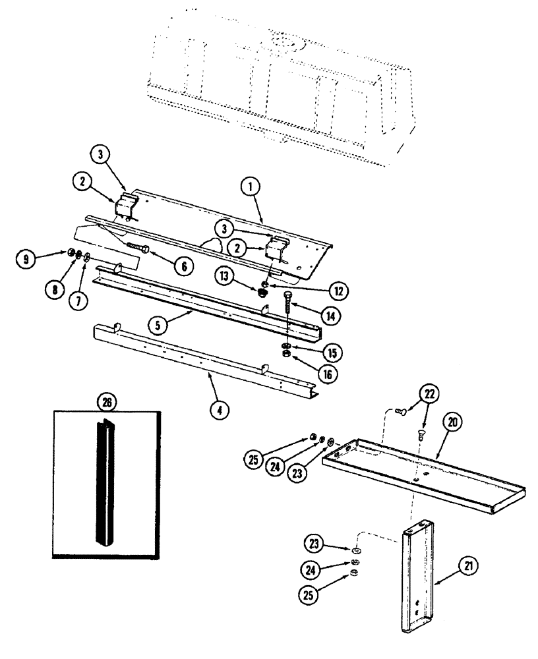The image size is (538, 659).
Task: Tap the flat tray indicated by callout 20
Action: point(422,474)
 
